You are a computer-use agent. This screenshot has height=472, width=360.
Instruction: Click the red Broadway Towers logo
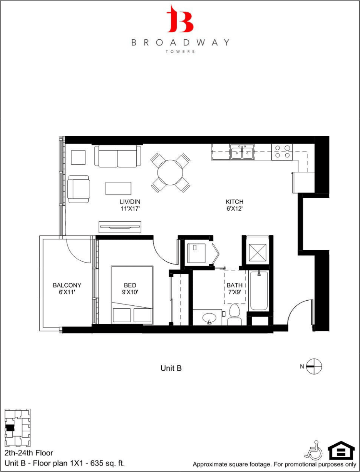180,19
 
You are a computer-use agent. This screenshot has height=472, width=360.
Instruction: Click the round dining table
170,173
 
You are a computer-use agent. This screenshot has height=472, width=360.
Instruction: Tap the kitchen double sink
242,152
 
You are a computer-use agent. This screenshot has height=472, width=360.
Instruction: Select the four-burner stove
282,152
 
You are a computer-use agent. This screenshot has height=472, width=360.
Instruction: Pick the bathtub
259,290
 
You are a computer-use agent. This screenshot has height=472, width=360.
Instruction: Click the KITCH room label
234,202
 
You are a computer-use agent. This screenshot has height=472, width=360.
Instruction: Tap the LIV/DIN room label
129,202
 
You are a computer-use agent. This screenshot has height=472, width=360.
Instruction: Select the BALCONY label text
67,285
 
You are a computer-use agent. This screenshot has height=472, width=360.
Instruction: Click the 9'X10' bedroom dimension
130,292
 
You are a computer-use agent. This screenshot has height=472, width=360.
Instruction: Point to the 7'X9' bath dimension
234,292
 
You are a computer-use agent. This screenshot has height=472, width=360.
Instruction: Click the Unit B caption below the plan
171,368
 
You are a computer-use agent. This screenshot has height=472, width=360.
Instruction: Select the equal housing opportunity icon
341,450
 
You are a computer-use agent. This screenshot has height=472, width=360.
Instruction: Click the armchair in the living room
79,189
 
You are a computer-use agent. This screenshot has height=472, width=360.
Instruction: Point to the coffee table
118,188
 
